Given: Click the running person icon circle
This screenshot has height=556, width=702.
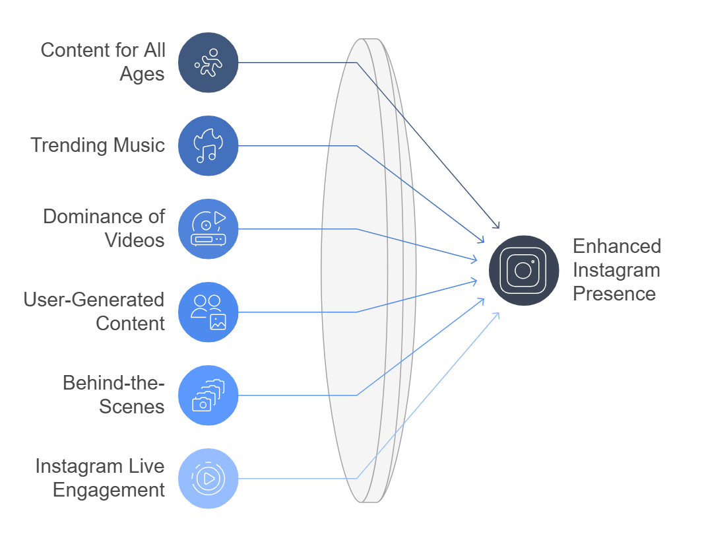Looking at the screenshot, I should (x=208, y=63).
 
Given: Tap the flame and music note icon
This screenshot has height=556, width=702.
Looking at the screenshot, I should (x=208, y=146).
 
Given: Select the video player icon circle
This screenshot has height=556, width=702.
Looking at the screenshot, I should (x=208, y=229).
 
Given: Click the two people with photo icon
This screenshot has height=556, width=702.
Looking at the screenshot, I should (x=208, y=312).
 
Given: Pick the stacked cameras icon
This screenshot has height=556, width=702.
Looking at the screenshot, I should (x=208, y=396).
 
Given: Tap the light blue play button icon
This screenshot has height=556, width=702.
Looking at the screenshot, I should (x=208, y=479).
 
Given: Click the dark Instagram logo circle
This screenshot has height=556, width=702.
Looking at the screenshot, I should (x=524, y=270).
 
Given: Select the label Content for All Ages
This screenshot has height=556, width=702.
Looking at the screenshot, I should (x=103, y=62).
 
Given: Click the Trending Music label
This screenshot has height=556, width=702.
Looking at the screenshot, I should (x=98, y=145).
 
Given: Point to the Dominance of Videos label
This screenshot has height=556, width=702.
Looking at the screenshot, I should (x=104, y=228).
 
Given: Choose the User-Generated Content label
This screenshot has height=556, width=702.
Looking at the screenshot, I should (x=94, y=312).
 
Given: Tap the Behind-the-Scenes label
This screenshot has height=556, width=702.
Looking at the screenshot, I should (x=113, y=395).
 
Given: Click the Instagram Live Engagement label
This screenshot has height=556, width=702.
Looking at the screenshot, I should (x=100, y=478).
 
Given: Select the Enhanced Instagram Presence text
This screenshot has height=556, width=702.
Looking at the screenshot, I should (x=616, y=270).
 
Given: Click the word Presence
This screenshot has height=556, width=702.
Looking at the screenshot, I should (x=614, y=294).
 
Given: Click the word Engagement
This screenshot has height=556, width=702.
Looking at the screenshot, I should (x=109, y=490).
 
